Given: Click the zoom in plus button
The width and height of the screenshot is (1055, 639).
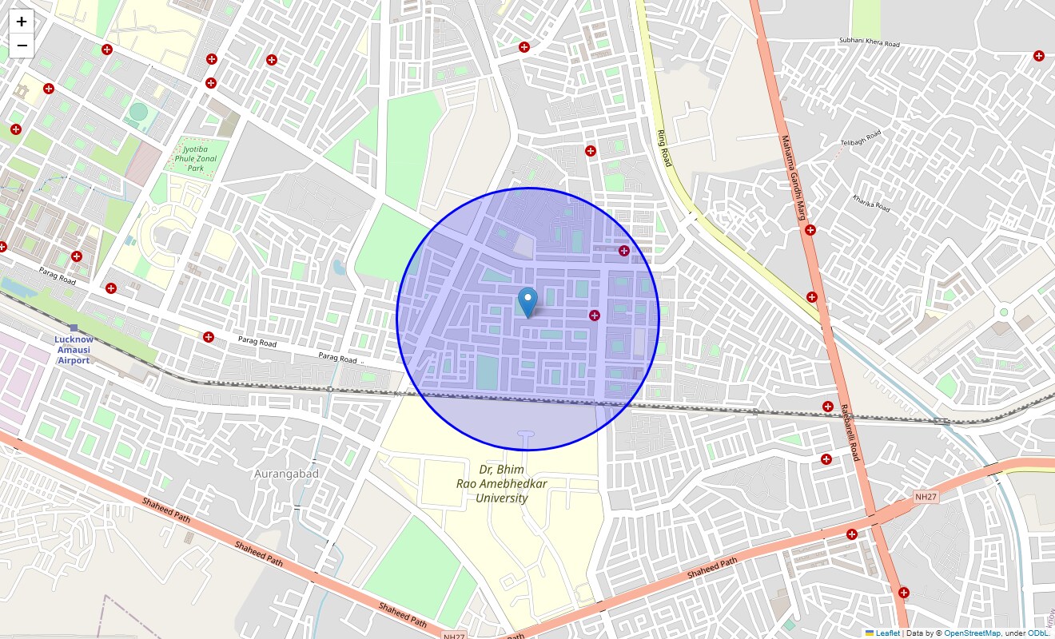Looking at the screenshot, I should coord(22,22).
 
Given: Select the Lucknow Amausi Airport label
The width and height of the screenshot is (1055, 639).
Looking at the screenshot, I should coord(73,350).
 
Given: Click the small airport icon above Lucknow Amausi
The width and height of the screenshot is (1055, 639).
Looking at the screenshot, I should coord(74,327).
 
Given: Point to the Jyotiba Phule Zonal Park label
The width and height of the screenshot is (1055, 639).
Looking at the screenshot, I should coord(196,158).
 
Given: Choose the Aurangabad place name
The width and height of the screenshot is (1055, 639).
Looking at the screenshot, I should coord(286,474).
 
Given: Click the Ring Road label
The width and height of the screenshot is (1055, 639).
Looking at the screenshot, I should coord(663,148).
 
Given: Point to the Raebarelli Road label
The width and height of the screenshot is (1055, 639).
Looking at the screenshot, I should coord(849,432).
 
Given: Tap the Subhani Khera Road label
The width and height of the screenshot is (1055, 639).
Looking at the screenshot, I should coord(869,42).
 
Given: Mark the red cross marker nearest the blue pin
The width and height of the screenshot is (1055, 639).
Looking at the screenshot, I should coord(595,316).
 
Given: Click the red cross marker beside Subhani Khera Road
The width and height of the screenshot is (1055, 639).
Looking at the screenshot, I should coord(1038,56).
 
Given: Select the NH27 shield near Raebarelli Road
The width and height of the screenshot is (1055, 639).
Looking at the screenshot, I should coord(926,498).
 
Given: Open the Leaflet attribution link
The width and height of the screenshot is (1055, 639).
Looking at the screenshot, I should coord(887,633).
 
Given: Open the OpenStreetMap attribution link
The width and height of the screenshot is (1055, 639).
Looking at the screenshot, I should coord(972,633).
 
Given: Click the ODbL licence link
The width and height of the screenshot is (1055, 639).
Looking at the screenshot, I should coord(1038,633).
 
